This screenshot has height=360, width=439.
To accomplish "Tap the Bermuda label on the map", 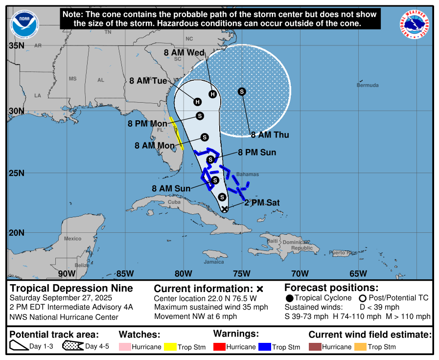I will click(x=368, y=85).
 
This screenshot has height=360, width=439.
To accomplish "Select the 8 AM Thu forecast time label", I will click(x=270, y=135).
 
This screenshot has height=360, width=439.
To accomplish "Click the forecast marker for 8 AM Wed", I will click(x=212, y=94).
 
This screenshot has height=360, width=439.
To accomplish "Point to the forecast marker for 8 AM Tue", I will click(x=197, y=102).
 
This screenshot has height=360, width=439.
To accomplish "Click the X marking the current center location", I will click(x=224, y=209).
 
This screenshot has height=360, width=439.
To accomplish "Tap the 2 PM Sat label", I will click(x=262, y=202).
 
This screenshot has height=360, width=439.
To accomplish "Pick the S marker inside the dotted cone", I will click(x=242, y=91).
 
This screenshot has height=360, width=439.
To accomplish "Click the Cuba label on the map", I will click(x=174, y=202).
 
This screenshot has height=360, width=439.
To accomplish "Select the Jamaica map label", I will click(x=214, y=262).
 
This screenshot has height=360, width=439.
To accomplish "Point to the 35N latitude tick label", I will click(x=17, y=45).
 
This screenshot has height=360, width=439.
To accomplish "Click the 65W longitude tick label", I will click(x=358, y=273).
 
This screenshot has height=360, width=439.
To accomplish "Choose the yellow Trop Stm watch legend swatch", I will click(x=170, y=347).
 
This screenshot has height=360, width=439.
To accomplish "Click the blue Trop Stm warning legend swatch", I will click(x=264, y=347).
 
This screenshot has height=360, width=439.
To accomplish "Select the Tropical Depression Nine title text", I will click(x=71, y=288).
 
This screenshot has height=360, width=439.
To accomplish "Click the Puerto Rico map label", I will click(x=344, y=253).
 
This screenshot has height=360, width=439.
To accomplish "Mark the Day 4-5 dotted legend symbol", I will click(x=72, y=346).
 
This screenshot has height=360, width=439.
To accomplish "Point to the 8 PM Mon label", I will click(x=148, y=124).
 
